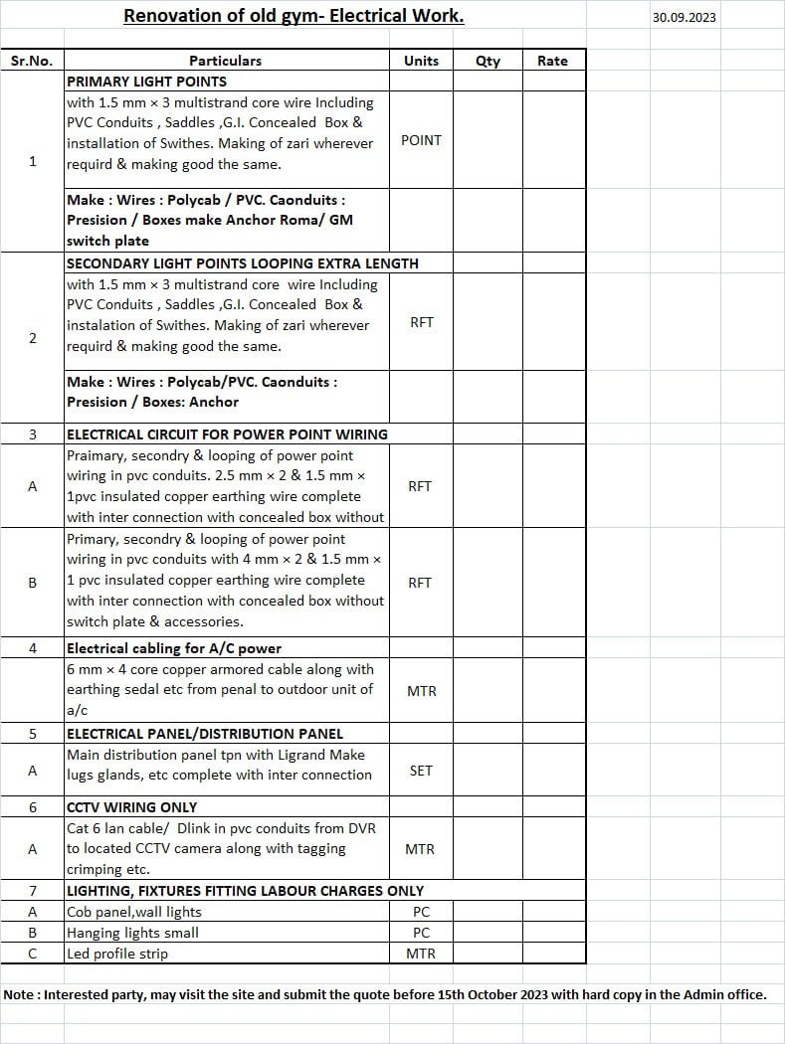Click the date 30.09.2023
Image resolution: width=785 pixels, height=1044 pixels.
click(x=684, y=17)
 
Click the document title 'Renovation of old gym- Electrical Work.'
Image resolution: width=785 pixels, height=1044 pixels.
click(x=294, y=16)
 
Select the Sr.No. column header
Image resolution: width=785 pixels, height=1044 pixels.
click(x=32, y=61)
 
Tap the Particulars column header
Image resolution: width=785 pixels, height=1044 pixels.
click(x=226, y=61)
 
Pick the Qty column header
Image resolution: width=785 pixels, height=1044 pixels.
click(x=488, y=61)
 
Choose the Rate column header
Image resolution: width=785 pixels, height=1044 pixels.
click(x=552, y=61)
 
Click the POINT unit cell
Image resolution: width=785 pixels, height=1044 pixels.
click(x=421, y=140)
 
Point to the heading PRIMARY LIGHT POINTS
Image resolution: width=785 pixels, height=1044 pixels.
click(x=146, y=82)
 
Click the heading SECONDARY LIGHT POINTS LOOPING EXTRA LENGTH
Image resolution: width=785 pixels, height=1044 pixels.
click(x=242, y=263)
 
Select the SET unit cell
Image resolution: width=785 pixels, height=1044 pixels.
click(x=421, y=771)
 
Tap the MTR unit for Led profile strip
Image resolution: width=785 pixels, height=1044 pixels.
click(x=421, y=954)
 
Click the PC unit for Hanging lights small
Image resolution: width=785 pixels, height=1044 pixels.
click(x=421, y=933)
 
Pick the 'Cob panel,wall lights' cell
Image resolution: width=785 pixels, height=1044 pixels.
click(x=134, y=912)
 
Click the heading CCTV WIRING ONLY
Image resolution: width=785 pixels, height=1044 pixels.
click(x=131, y=807)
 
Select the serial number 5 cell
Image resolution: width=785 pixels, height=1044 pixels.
click(x=32, y=734)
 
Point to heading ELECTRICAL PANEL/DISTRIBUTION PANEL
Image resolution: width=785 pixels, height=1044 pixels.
click(x=204, y=734)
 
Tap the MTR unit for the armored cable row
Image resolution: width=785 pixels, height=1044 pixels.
click(x=421, y=690)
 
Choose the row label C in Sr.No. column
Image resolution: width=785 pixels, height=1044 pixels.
click(x=32, y=954)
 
